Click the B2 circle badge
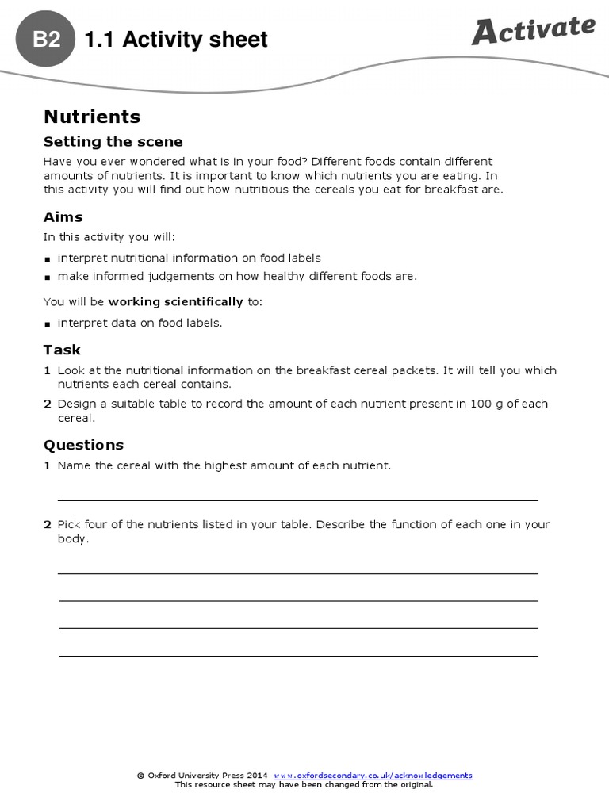click(x=47, y=39)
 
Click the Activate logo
click(x=533, y=30)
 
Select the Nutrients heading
click(x=92, y=117)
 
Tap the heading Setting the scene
click(x=113, y=142)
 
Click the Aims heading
click(x=63, y=217)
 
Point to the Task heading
click(x=62, y=350)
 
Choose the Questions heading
click(x=83, y=445)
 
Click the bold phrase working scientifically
click(x=175, y=302)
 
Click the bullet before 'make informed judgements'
click(x=48, y=278)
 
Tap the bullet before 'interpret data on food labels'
click(x=48, y=324)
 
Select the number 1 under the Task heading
click(x=47, y=370)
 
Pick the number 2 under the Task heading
click(x=47, y=404)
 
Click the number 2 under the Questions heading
click(x=47, y=524)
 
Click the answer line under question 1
click(x=297, y=500)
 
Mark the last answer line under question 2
click(x=297, y=655)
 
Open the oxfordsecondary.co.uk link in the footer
click(x=373, y=776)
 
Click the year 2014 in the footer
click(x=257, y=776)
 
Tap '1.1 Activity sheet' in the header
click(x=175, y=39)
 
